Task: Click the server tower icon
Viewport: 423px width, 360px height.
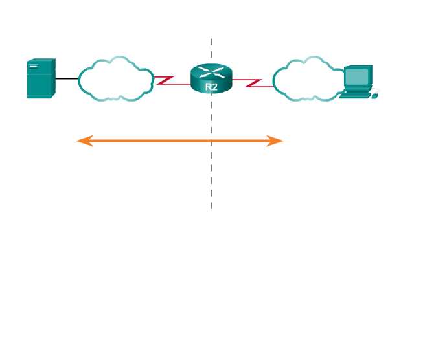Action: point(40,78)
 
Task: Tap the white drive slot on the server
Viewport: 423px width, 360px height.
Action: point(33,66)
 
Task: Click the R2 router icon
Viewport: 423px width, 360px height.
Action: point(211,79)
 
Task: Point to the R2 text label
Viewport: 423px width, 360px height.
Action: point(211,85)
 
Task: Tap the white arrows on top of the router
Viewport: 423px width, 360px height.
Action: point(211,71)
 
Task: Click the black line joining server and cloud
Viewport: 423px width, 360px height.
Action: point(67,78)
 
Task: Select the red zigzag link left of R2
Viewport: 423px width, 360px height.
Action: point(166,81)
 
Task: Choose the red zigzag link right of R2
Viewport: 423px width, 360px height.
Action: point(254,82)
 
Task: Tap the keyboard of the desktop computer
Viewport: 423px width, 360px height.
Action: point(354,95)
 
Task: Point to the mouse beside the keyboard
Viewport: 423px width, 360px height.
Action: point(374,96)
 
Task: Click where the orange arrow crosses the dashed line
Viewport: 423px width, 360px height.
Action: point(211,141)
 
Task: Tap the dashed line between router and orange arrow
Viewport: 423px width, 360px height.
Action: point(211,117)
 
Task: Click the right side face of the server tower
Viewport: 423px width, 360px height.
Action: point(52,78)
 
